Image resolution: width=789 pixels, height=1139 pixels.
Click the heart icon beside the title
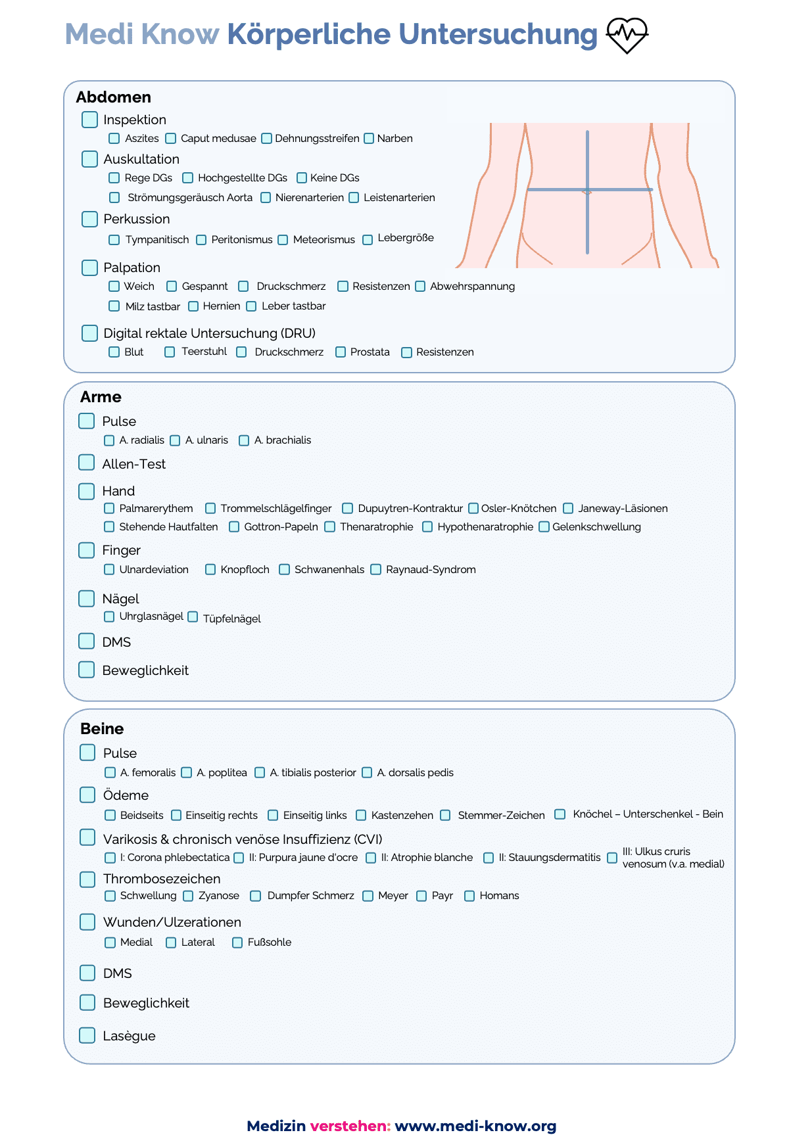[627, 35]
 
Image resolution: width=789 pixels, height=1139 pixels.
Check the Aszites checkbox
[114, 138]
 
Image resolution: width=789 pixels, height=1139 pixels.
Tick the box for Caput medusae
[171, 138]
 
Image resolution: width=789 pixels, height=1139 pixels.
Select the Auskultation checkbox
[90, 159]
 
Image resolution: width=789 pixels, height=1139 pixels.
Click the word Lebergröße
[405, 238]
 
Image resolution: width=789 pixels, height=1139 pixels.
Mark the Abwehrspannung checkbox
[420, 286]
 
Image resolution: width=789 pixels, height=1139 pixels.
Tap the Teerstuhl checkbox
[170, 352]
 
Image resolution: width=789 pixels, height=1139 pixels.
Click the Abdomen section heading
[114, 97]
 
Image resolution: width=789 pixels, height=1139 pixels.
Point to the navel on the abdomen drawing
[587, 192]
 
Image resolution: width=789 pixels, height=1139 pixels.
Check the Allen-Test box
[87, 463]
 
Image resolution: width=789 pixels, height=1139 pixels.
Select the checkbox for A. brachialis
[244, 440]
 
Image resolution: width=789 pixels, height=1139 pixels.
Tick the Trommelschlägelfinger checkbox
[210, 508]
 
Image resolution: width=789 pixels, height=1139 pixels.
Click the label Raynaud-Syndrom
[431, 569]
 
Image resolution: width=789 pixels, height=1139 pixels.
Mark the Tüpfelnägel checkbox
[193, 616]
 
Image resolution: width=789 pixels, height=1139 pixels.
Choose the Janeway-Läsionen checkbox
[568, 508]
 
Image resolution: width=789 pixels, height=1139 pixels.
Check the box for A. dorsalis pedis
[367, 772]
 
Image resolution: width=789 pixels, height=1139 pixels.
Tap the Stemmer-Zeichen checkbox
[445, 815]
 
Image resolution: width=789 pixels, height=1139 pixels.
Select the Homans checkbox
[469, 896]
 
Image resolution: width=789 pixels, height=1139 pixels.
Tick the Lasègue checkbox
[87, 1035]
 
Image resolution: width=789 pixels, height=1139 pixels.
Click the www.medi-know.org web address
[475, 1126]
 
